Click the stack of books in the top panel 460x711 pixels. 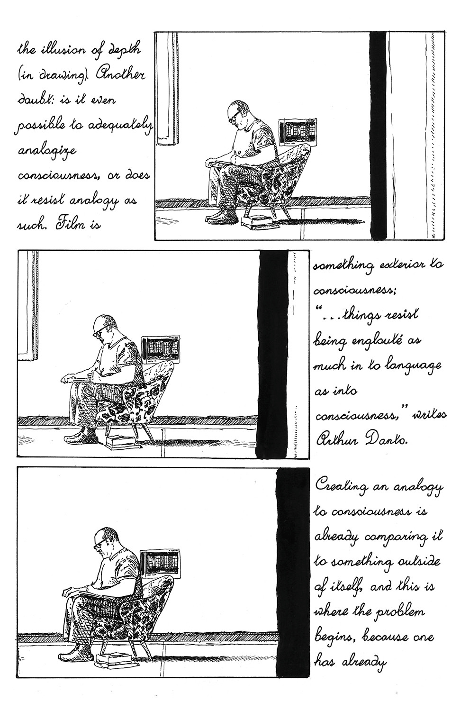pyautogui.click(x=260, y=221)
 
